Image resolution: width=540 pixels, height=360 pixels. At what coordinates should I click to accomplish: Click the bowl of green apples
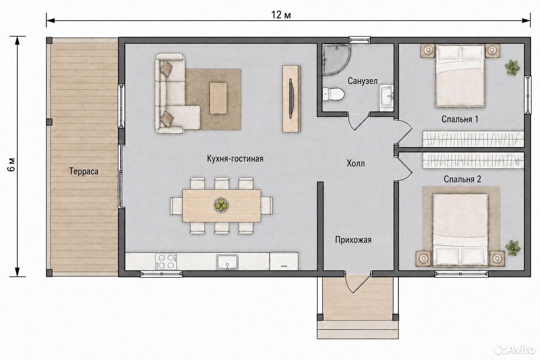pos(221,205)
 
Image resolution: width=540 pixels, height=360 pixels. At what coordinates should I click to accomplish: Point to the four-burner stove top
pos(166,262)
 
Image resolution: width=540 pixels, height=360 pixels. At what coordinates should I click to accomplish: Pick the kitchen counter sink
pos(227,262)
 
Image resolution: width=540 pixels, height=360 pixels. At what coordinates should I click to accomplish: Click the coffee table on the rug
pos(218,98)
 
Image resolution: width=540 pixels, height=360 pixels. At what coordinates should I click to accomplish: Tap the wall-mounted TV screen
pos(291,98)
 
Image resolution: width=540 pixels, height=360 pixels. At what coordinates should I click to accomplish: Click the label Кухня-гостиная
pos(235,159)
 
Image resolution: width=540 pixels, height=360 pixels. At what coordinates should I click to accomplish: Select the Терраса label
pos(84,171)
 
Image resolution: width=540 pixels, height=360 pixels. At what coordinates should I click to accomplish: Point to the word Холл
pos(356,164)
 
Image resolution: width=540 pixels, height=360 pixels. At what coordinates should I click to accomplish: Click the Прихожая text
pos(353,240)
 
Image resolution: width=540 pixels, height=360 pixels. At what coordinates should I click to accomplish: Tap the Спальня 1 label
pos(460,119)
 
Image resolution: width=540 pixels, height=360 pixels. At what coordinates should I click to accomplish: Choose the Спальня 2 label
pos(462,179)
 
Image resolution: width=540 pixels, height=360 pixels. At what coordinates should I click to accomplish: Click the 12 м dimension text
pos(281,15)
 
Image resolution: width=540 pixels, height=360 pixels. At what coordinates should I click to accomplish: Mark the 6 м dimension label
pos(12,165)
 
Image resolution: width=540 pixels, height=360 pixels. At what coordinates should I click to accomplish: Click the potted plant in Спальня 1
pos(512,68)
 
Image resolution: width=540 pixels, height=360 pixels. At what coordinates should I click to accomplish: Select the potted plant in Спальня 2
pos(513,248)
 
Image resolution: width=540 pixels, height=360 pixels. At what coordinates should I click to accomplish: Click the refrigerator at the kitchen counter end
pos(284,261)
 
